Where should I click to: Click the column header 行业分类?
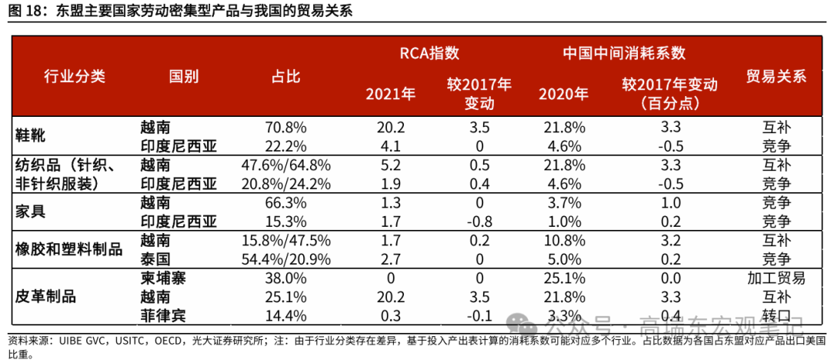coord(74,76)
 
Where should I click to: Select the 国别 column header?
coord(184,76)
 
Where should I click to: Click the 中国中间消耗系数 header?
coord(623,53)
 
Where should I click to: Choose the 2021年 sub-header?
coord(390,95)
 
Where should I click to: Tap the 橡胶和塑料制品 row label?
coord(69,249)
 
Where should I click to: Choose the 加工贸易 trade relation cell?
coord(776,278)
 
